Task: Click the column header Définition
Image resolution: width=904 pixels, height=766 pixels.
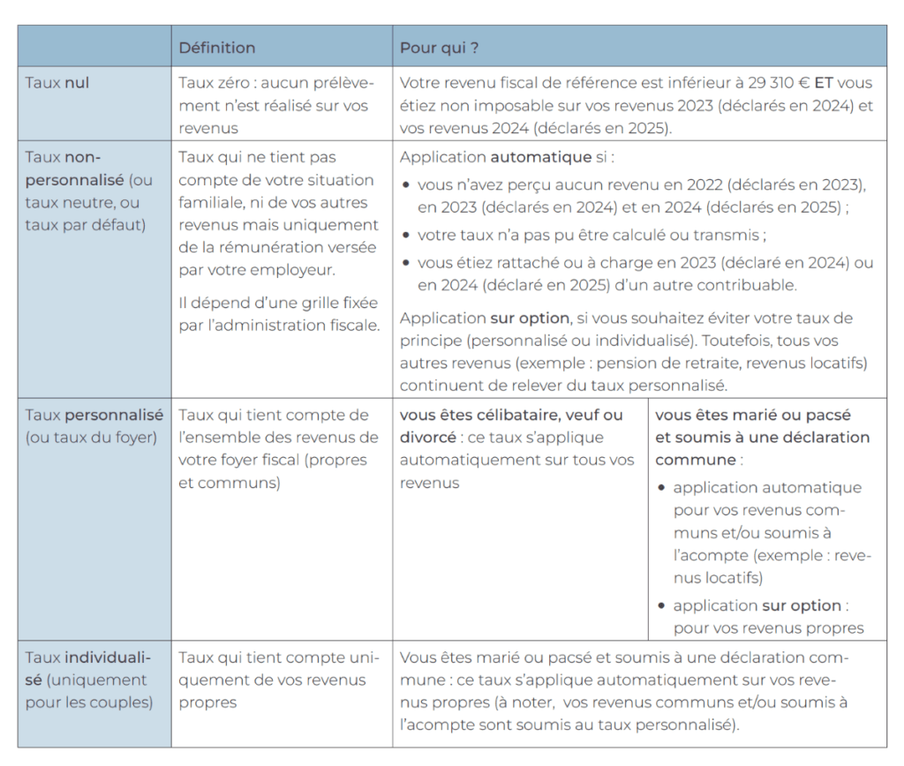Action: pos(217,48)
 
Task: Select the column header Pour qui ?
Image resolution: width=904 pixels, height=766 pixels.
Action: pos(440,48)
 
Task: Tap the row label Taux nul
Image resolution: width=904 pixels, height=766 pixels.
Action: pos(57,83)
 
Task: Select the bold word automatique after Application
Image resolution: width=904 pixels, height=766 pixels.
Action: pos(540,158)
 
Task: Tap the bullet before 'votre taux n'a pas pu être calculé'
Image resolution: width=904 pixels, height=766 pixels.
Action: pos(406,236)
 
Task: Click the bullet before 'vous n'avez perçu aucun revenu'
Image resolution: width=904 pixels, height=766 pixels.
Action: pos(406,186)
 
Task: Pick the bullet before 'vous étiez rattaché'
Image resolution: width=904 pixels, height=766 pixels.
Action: pos(406,264)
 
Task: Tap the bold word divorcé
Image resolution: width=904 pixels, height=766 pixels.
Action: pos(426,437)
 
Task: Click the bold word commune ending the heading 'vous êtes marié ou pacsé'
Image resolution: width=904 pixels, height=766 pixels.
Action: pos(696,460)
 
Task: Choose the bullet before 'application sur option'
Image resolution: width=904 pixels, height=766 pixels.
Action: pos(662,606)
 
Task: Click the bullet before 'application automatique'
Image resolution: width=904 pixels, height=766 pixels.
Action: pos(662,488)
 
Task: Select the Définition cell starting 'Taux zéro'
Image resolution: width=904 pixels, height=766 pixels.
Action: pos(276,106)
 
